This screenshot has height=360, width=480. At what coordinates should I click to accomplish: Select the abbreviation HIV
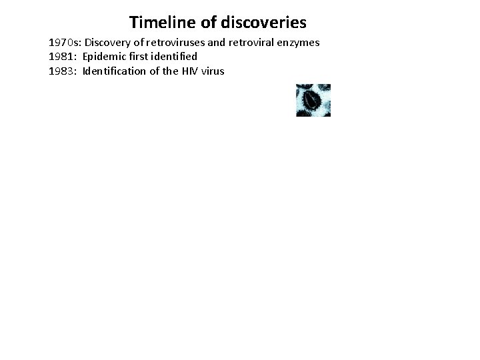point(188,70)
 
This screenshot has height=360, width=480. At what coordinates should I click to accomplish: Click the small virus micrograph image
point(313,100)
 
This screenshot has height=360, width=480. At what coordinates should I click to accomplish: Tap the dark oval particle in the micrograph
point(312,100)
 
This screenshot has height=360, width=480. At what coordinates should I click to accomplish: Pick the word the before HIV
point(169,70)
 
